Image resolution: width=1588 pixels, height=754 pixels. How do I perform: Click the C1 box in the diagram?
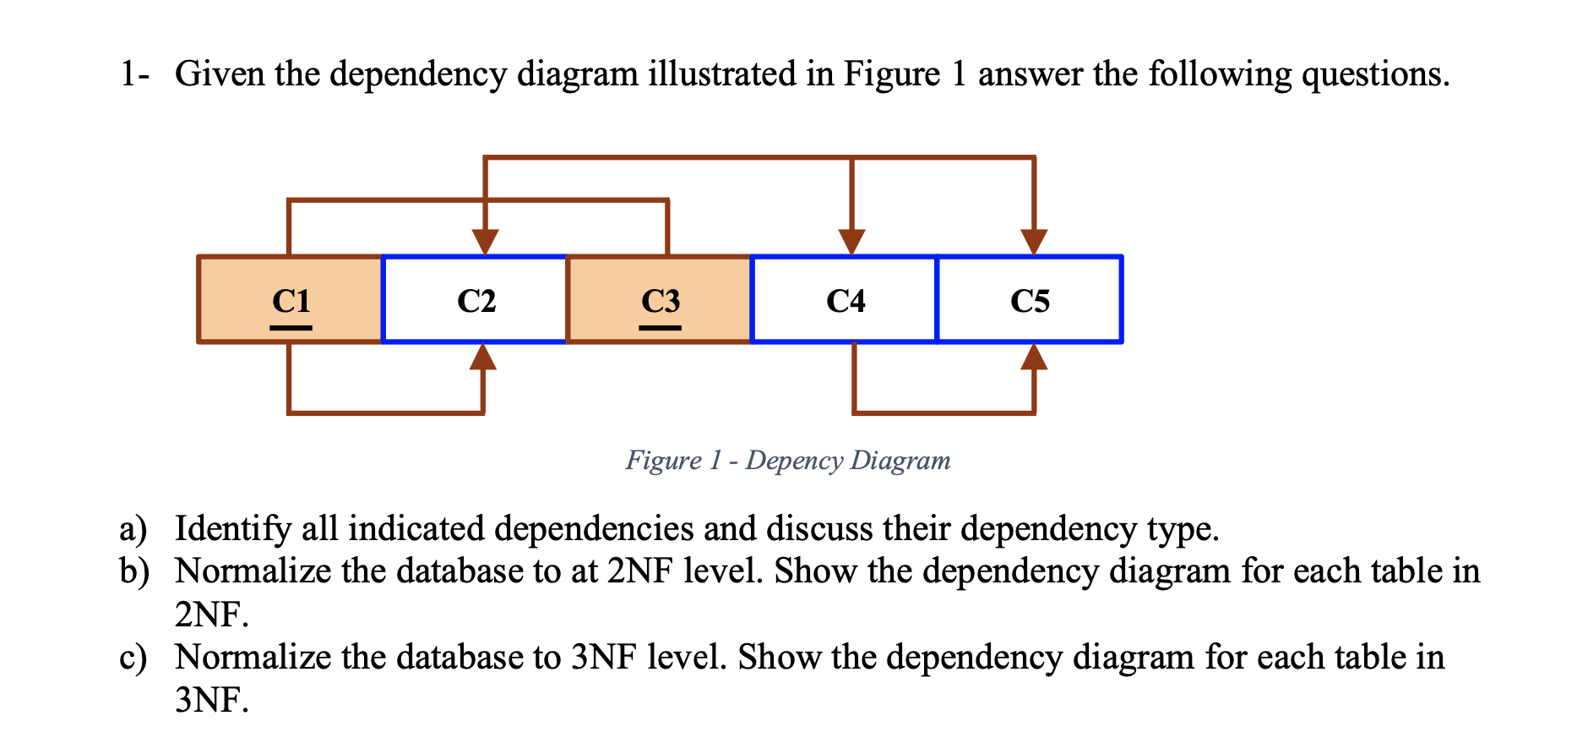pyautogui.click(x=290, y=299)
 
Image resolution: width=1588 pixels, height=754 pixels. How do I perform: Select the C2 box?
pyautogui.click(x=475, y=299)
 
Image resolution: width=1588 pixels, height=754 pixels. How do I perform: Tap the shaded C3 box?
pyautogui.click(x=659, y=299)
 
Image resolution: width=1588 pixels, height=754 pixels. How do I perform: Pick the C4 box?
pyautogui.click(x=845, y=299)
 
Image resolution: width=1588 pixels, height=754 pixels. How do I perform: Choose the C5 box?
pyautogui.click(x=1030, y=299)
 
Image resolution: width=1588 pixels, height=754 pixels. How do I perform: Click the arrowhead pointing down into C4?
pyautogui.click(x=851, y=241)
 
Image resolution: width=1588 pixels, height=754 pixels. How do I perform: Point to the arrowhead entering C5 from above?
pyautogui.click(x=1034, y=241)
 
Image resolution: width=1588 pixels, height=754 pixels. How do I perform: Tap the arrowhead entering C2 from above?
pyautogui.click(x=485, y=241)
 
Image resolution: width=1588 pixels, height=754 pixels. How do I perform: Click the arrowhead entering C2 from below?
pyautogui.click(x=483, y=358)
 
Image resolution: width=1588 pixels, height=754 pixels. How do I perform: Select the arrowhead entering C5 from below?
pyautogui.click(x=1034, y=358)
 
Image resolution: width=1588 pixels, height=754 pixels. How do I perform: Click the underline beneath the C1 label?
pyautogui.click(x=291, y=328)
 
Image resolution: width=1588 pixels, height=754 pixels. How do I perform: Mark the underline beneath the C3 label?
pyautogui.click(x=660, y=328)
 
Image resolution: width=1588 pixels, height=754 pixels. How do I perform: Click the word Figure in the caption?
pyautogui.click(x=663, y=461)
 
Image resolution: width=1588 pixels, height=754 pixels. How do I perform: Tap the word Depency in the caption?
pyautogui.click(x=794, y=461)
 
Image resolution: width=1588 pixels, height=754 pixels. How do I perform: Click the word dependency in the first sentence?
pyautogui.click(x=417, y=74)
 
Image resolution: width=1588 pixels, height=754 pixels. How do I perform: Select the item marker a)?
pyautogui.click(x=133, y=529)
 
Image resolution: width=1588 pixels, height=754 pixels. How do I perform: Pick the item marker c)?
pyautogui.click(x=133, y=658)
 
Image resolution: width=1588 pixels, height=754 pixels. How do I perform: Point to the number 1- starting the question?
pyautogui.click(x=135, y=74)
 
